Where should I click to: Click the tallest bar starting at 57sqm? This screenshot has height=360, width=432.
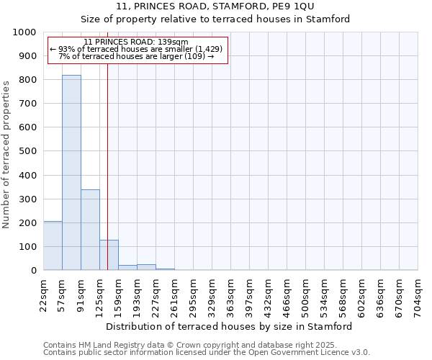[71, 173]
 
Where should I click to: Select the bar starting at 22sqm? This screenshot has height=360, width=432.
[53, 246]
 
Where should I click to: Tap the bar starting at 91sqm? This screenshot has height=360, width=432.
[90, 230]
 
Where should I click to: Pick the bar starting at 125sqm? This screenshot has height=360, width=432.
[109, 255]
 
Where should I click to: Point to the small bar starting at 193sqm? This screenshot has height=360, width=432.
[146, 267]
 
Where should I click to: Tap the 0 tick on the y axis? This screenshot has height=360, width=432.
[33, 271]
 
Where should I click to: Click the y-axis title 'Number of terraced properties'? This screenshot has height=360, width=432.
[6, 154]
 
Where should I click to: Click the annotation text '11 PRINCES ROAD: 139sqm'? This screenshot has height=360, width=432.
[136, 42]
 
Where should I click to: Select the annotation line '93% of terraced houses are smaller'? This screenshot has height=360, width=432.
[136, 49]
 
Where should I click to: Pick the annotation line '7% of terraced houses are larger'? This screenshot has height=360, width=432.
[136, 56]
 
